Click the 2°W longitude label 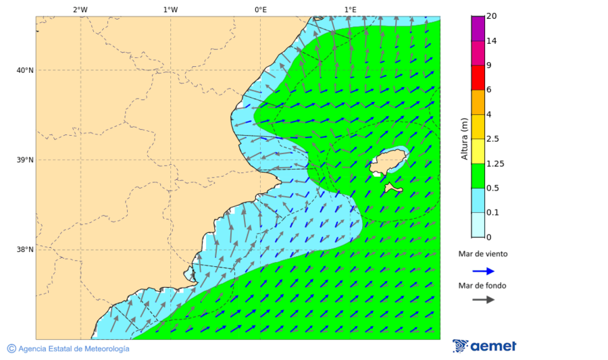point(80,9)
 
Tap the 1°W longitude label point(170,9)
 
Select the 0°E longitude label point(260,9)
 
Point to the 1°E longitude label point(350,9)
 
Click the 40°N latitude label point(25,70)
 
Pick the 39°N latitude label point(25,160)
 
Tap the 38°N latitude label point(25,249)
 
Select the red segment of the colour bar point(478,78)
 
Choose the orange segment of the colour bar point(478,102)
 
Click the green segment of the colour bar point(478,176)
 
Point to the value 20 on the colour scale point(492,16)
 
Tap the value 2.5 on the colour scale point(494,139)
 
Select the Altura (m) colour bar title point(464,138)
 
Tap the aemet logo point(484,346)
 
